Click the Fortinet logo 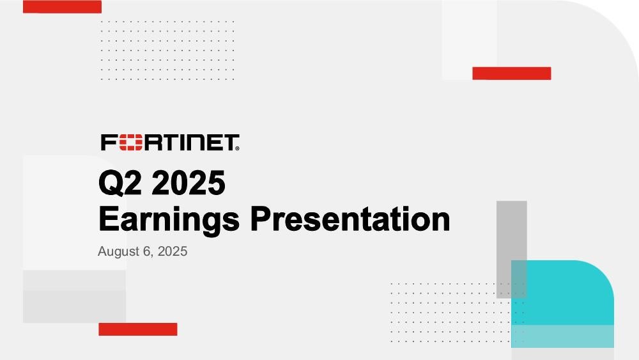[170, 143]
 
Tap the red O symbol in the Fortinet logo [130, 143]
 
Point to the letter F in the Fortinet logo [109, 143]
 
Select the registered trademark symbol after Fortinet [237, 149]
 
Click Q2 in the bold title [121, 183]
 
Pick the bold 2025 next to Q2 [189, 183]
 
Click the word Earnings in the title [169, 220]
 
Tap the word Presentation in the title [350, 219]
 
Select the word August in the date [119, 251]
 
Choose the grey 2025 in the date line [173, 251]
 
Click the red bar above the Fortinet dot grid [62, 6]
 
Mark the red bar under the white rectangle [511, 74]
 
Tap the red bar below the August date [138, 329]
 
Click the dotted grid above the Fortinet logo [167, 50]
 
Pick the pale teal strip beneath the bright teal [562, 336]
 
